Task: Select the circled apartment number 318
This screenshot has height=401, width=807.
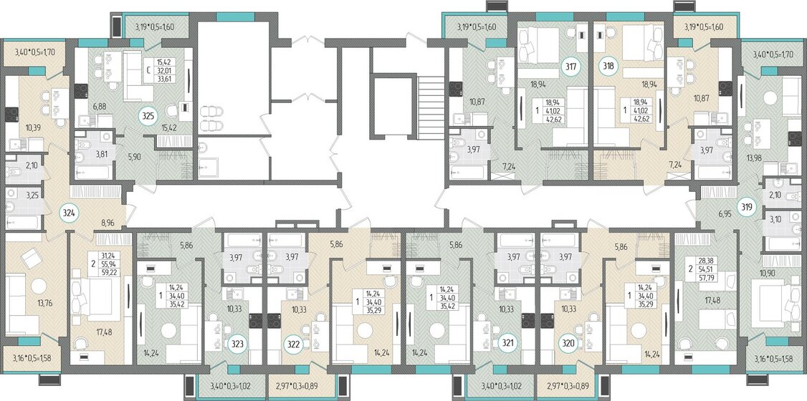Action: point(609,67)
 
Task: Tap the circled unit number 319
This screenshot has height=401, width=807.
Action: point(747,208)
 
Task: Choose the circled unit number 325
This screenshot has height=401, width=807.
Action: point(148,117)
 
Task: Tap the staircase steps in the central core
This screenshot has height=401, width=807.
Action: point(430,107)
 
